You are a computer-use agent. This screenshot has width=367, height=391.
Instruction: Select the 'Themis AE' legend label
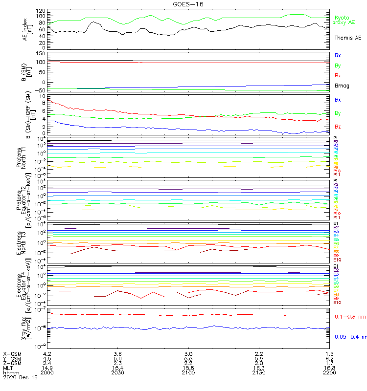pos(348,38)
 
